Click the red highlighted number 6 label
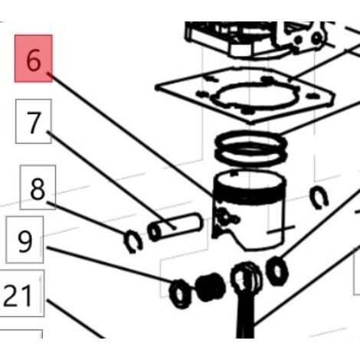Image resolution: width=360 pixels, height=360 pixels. pos(34,59)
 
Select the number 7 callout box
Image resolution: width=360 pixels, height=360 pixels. pos(34,122)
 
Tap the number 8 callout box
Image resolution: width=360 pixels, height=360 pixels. pos(38,188)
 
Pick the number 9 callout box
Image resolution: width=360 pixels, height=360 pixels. pos(25,240)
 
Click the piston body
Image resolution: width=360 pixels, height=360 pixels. pos(249,209)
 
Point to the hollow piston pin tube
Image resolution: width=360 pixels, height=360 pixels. pos(175,227)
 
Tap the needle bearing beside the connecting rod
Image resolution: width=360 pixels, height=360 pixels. pos(210,287)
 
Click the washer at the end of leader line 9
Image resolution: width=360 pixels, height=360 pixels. pos(180,293)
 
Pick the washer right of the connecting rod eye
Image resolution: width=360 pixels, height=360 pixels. pos(277,271)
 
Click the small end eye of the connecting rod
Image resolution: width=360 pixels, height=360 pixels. pos(245,278)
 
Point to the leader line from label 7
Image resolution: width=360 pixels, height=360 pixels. pos(112,180)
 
